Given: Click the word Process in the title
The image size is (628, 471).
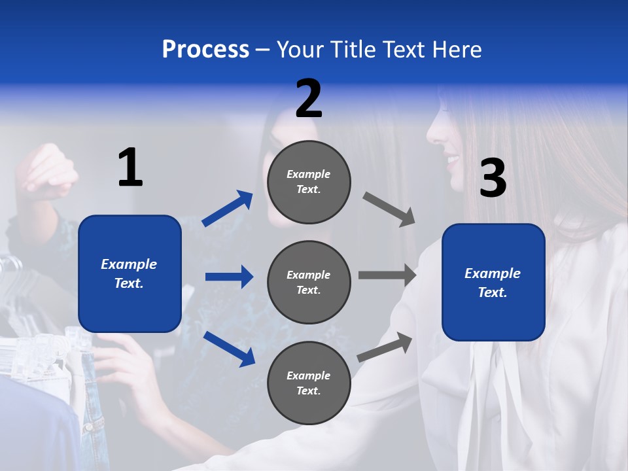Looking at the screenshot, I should pos(205,50).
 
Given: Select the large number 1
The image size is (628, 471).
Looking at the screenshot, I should pos(130,168).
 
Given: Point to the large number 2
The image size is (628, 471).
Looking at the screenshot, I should pos(309,99).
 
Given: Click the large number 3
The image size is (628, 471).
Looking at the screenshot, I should pos(493,179).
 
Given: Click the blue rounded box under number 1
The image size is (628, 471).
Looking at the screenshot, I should pos(130,273).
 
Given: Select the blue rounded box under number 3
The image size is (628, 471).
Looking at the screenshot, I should pos(493,282).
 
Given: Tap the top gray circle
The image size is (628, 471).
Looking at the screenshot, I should pos(309,182).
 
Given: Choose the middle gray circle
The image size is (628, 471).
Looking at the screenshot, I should pos(309,282).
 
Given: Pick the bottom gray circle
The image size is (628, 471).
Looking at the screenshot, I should pos(309,383).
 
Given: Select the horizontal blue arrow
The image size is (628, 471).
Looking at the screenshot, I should pos(229,277).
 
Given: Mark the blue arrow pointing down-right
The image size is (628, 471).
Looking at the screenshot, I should pos(229,349).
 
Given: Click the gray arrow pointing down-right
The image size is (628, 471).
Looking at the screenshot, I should pos(389,209).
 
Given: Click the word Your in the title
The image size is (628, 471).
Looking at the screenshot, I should pos(300,50).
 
